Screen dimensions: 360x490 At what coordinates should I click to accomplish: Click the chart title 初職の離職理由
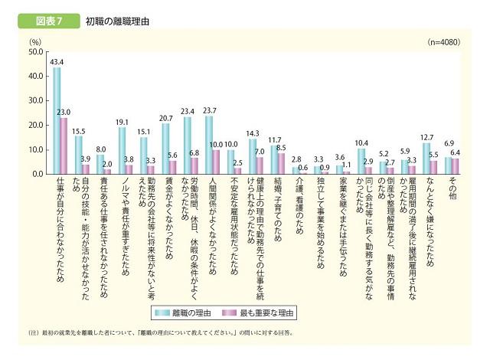pos(116,21)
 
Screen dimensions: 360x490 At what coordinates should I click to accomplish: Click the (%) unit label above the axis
pos(34,40)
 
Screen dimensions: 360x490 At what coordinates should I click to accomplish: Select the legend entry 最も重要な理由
pos(268,313)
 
